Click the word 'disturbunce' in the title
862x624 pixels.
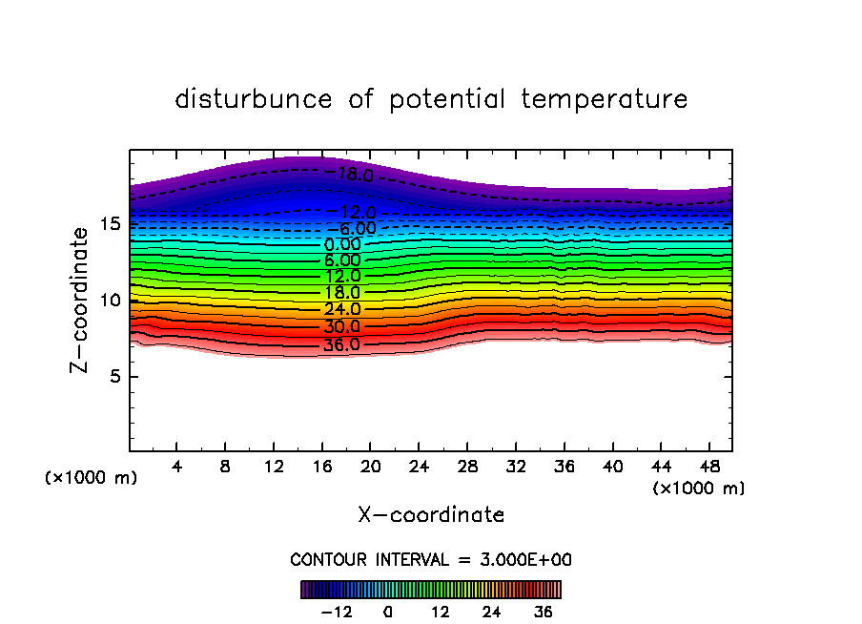(x=254, y=99)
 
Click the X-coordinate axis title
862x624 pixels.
(x=431, y=515)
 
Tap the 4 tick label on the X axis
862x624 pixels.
(x=177, y=467)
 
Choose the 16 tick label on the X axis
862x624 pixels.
(x=322, y=467)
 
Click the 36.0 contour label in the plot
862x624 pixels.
(x=341, y=345)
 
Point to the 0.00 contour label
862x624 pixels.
(x=342, y=244)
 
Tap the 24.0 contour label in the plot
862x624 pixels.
(x=342, y=310)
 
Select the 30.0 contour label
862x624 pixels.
(x=342, y=326)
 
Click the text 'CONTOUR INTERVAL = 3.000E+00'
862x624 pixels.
(x=431, y=559)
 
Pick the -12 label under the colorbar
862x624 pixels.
(x=336, y=612)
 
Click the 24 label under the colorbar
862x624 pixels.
(x=492, y=612)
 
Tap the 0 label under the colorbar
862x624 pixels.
(x=388, y=612)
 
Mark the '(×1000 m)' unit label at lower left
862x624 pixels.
(x=92, y=478)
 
